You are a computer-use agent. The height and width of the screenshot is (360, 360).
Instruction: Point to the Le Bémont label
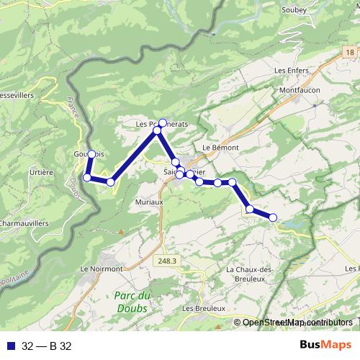pos(215,147)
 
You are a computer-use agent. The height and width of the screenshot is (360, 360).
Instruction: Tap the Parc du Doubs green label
pos(132,302)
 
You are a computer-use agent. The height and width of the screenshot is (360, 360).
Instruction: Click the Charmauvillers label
pos(23,224)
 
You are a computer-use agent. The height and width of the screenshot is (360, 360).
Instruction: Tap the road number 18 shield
pos(348,53)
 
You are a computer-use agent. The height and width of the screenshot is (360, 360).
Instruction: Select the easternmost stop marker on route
pos(273,217)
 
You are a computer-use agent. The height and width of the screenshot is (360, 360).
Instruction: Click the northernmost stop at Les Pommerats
pos(163,122)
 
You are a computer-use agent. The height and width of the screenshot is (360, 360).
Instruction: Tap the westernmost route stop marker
pos(87,177)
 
